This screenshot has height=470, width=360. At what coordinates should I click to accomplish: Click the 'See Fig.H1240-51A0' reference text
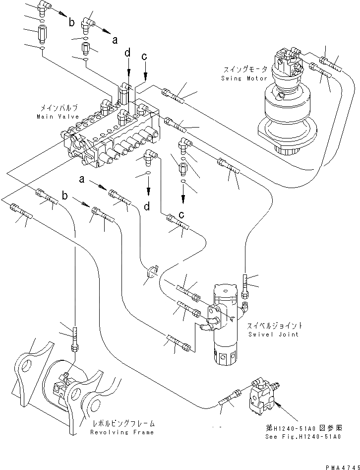[x=311, y=436]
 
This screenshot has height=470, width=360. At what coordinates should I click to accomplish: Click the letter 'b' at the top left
[x=71, y=22]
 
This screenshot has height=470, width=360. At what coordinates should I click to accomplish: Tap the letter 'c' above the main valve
[x=144, y=57]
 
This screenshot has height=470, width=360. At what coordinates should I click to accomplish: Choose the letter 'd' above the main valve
[x=128, y=52]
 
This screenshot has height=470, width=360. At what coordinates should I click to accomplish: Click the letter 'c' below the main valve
[x=182, y=215]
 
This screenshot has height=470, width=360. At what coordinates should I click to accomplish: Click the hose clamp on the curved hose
[x=151, y=271]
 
